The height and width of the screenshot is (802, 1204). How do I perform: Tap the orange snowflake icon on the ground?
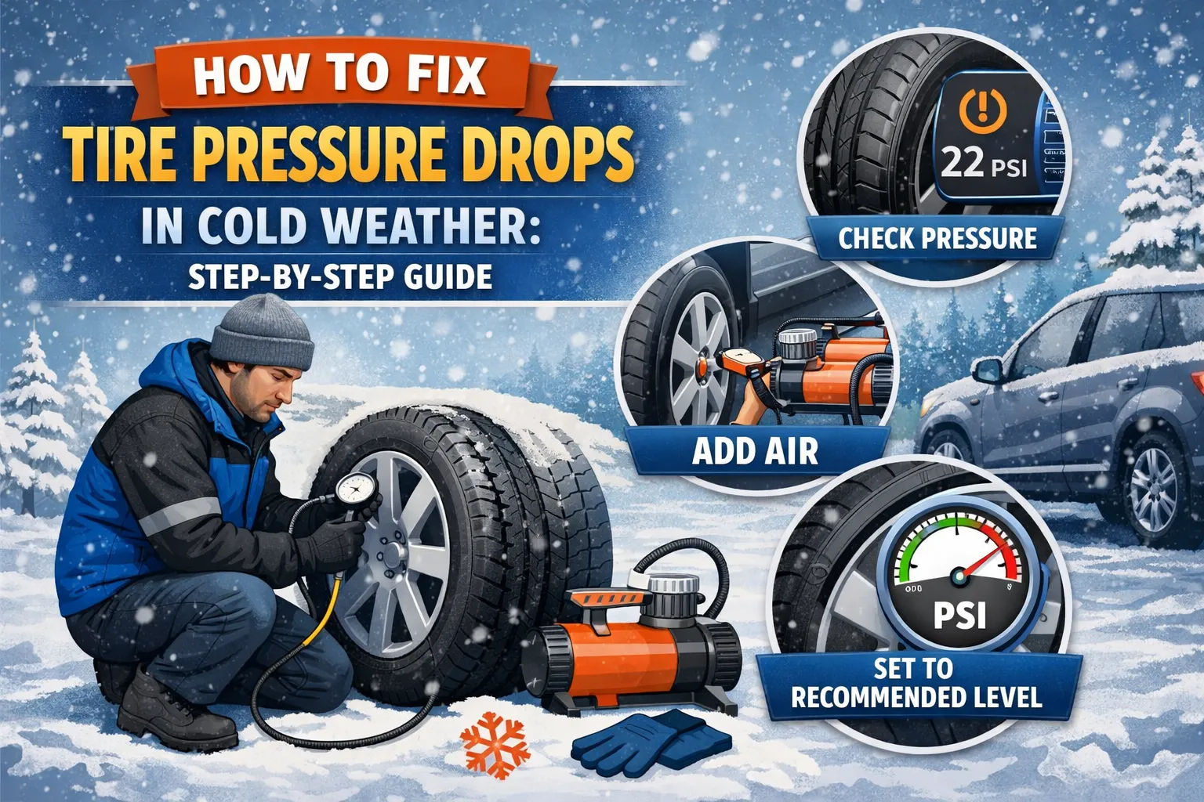tap(491, 743)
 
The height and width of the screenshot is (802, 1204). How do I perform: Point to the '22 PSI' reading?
tap(983, 164)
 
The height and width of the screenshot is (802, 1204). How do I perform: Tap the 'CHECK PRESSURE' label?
tap(937, 238)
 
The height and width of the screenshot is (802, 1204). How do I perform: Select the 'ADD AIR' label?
tap(755, 451)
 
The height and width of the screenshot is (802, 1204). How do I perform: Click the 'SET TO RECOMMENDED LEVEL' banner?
tap(916, 684)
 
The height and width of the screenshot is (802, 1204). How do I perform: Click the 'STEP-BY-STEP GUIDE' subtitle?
tap(340, 276)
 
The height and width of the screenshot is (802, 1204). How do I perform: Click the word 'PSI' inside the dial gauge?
tap(959, 616)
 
